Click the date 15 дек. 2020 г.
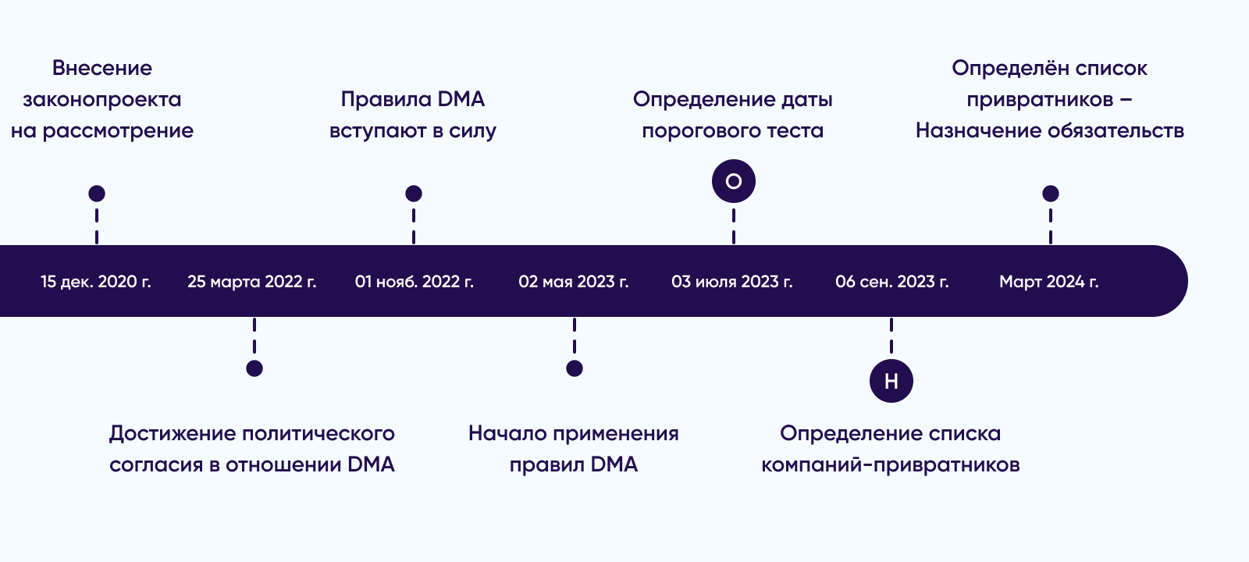[x=96, y=282]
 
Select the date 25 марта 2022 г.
[x=252, y=282]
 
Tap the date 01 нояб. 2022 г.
[x=415, y=282]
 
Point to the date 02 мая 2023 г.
[x=574, y=282]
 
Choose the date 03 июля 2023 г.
[x=732, y=282]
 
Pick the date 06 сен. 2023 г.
[x=892, y=282]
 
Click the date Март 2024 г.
[x=1049, y=282]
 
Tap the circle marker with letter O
[x=734, y=181]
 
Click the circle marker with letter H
[x=891, y=381]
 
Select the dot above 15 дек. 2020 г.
[x=97, y=194]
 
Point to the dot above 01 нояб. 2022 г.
[x=413, y=194]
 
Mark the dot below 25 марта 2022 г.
[x=254, y=368]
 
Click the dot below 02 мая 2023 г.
[x=575, y=368]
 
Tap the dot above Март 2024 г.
[x=1051, y=194]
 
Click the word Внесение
[x=102, y=68]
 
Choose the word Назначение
[x=979, y=130]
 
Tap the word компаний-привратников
[x=891, y=464]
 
